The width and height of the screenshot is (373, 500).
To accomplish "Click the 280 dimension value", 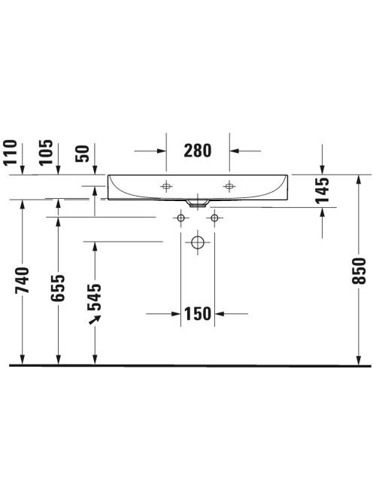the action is (x=198, y=151).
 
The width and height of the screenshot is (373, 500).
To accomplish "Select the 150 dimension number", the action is (x=198, y=314).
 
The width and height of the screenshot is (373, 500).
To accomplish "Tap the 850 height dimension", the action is (x=359, y=271).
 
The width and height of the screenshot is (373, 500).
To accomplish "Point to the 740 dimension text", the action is (x=23, y=280).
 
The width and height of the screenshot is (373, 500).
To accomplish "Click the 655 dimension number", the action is (x=58, y=288).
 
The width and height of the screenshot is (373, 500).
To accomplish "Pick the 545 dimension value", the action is (x=95, y=297).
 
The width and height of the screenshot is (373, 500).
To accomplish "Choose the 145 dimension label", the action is (x=322, y=191).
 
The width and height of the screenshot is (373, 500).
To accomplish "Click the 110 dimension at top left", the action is (x=10, y=152).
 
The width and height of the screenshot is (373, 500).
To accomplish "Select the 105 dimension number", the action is (x=46, y=152).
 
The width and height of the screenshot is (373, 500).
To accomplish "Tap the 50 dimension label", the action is (x=82, y=154).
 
